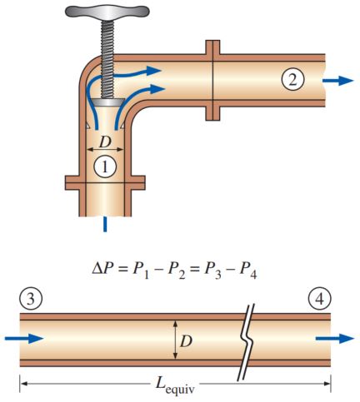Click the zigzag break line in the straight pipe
tap(246, 339)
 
